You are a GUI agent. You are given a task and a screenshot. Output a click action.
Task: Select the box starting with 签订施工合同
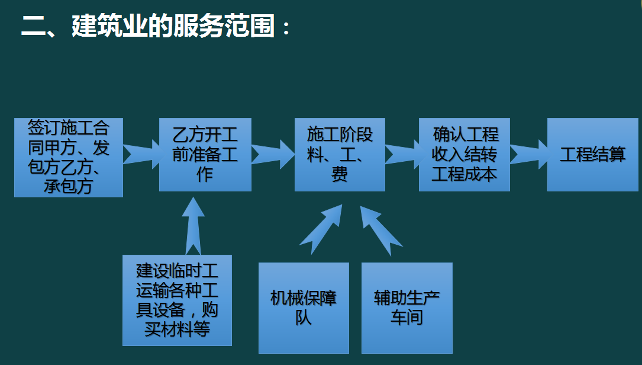pyautogui.click(x=69, y=157)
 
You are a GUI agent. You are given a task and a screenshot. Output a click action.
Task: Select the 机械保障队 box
pyautogui.click(x=304, y=308)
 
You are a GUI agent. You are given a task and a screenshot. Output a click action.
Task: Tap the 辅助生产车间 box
pyautogui.click(x=407, y=308)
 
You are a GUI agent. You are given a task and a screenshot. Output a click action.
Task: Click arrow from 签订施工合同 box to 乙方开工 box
pyautogui.click(x=141, y=153)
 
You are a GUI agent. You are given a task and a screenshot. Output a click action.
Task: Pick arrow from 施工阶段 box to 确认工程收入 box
pyautogui.click(x=402, y=153)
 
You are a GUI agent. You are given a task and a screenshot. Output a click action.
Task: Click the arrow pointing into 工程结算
pyautogui.click(x=528, y=153)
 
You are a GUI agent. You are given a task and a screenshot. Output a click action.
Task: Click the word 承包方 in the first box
pyautogui.click(x=69, y=188)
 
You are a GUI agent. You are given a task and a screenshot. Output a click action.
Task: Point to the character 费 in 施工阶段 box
pyautogui.click(x=340, y=174)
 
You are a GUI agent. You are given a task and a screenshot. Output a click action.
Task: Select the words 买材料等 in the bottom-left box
pyautogui.click(x=177, y=329)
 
